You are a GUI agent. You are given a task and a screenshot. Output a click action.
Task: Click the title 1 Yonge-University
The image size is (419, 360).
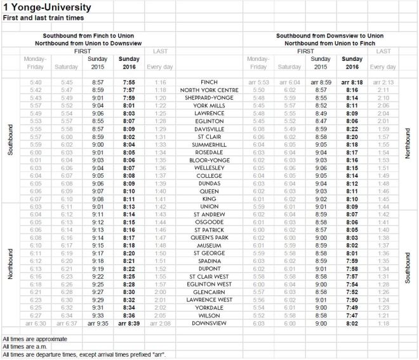click(x=46, y=8)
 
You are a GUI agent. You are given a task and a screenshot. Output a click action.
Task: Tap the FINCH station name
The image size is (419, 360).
click(x=208, y=83)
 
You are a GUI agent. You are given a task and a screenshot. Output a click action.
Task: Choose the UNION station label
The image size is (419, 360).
click(x=208, y=206)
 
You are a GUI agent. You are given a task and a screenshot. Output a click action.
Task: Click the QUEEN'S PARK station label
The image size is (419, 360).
click(x=208, y=237)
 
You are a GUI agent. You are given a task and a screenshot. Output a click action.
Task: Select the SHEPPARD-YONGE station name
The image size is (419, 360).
click(x=208, y=98)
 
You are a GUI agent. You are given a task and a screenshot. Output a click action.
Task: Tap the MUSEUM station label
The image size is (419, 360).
click(x=208, y=244)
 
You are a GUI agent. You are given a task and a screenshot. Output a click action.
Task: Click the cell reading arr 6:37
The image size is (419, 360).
click(x=50, y=323)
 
